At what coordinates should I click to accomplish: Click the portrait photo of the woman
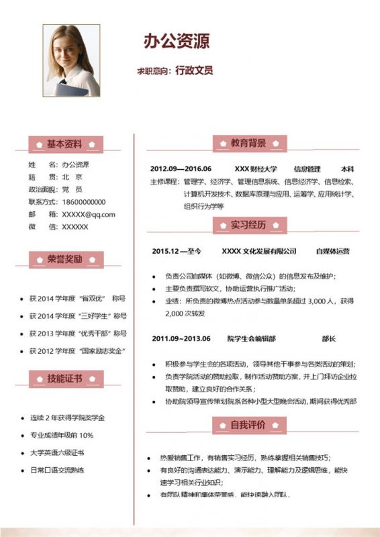[x=71, y=61]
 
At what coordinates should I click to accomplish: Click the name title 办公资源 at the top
[x=177, y=41]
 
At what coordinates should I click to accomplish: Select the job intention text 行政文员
[x=194, y=70]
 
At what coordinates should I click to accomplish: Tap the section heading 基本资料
[x=64, y=144]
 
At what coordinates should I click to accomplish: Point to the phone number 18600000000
[x=84, y=201]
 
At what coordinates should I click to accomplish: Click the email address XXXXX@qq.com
[x=89, y=214]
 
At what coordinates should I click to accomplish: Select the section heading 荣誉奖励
[x=64, y=259]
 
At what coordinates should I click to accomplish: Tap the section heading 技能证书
[x=64, y=379]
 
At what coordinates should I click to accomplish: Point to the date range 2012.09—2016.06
[x=181, y=168]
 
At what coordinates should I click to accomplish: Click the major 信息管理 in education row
[x=307, y=168]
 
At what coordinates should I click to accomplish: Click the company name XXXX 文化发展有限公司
[x=258, y=251]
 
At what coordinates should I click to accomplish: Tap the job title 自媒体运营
[x=332, y=251]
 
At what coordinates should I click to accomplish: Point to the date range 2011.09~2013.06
[x=181, y=338]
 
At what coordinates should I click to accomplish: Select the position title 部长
[x=328, y=338]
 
